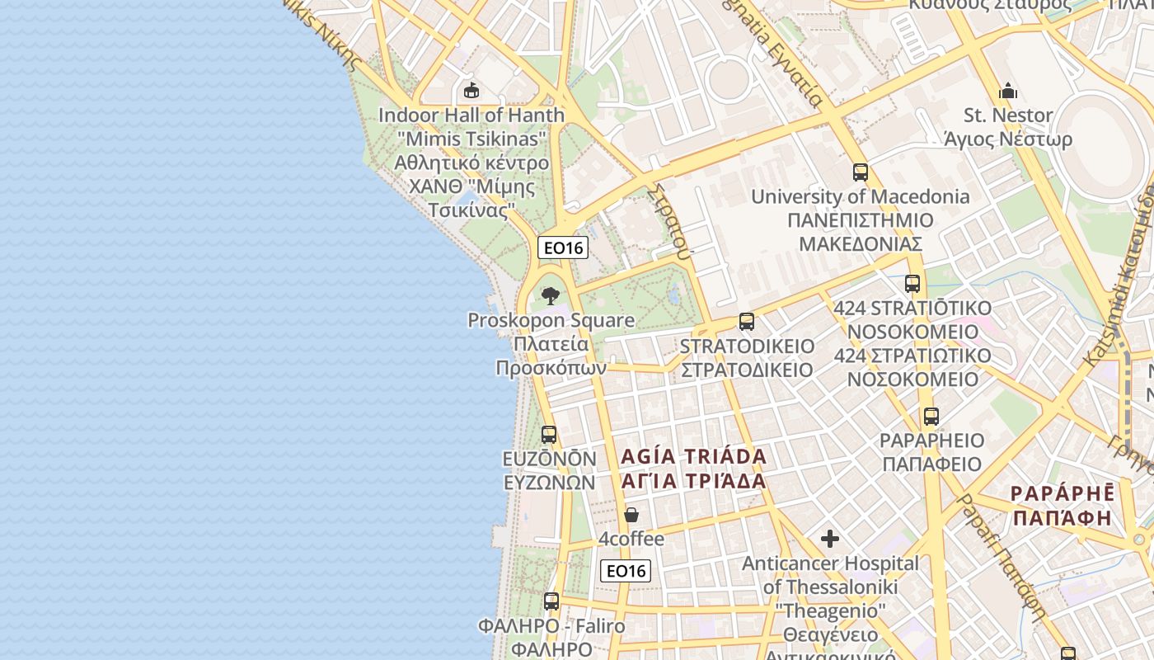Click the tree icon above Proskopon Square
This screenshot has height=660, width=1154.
coord(550,296)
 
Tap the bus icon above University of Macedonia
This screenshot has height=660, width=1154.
coord(861,172)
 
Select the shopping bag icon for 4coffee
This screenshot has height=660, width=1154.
coord(631,515)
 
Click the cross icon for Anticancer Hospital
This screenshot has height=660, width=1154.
coord(830,540)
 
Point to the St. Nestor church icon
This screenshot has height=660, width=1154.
coord(1008,91)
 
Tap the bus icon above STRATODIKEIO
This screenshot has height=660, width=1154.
coord(747,322)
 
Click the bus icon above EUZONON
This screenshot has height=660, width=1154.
coord(549,434)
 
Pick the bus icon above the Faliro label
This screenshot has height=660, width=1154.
coord(551,601)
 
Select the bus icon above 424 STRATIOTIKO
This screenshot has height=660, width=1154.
coord(912,284)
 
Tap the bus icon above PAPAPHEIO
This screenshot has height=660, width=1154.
coord(931,417)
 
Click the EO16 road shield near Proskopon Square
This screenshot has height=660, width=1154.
coord(563,247)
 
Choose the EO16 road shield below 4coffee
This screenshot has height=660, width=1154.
coord(626,570)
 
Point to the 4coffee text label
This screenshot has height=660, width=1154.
coord(631,540)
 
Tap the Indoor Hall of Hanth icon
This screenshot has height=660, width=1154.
coord(471,90)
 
